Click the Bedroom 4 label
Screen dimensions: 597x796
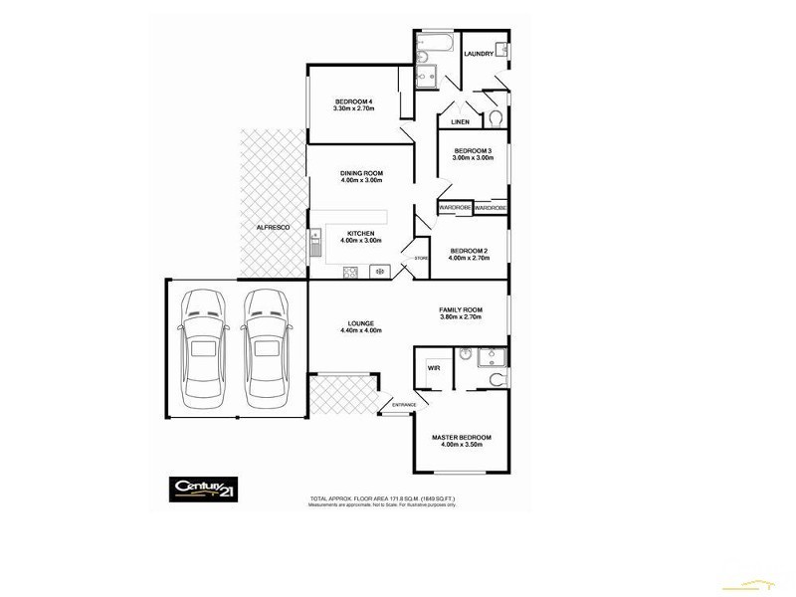(353, 101)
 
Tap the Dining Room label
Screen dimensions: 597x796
(361, 173)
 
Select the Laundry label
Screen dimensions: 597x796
(479, 54)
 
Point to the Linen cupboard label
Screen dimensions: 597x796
(460, 121)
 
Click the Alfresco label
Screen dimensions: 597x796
(272, 228)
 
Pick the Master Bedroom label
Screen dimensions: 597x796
(461, 438)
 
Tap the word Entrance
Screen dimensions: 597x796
(403, 405)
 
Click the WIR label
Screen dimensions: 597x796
(434, 367)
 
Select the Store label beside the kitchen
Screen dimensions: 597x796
(421, 258)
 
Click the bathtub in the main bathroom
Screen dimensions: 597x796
(435, 44)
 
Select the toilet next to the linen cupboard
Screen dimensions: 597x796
(496, 119)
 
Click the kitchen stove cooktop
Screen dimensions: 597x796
(350, 271)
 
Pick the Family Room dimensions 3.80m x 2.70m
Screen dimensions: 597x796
(461, 316)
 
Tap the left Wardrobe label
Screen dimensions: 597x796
(455, 208)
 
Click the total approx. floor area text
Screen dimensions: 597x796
(383, 497)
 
